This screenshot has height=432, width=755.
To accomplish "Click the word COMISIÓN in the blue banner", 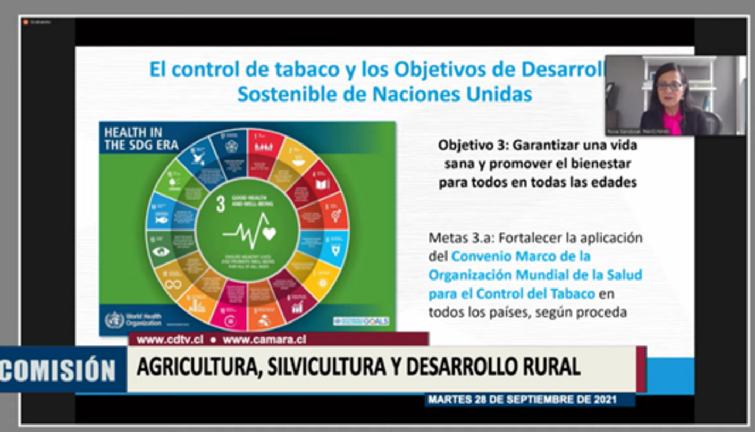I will coord(57,370).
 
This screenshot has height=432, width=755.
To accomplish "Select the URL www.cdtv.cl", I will coord(170,340).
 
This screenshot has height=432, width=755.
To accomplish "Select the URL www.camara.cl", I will coord(264,340).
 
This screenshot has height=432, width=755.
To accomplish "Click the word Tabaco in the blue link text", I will coord(574,294).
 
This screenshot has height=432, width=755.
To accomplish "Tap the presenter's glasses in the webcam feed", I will coord(669,86).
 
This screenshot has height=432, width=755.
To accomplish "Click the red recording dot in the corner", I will coord(26,22).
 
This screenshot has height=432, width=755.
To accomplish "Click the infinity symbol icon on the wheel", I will coord(173,284).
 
